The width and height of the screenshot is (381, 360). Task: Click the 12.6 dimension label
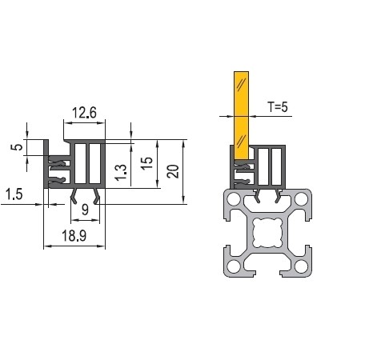[84, 113]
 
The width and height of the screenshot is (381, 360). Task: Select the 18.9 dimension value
[74, 236]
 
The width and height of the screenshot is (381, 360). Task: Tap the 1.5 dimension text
[14, 194]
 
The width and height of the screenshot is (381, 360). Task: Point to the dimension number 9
[85, 210]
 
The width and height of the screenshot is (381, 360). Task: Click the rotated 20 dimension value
[173, 171]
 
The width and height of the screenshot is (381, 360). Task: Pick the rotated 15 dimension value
[146, 163]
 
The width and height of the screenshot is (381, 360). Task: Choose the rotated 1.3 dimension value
[121, 173]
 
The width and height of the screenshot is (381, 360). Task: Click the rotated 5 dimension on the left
[17, 147]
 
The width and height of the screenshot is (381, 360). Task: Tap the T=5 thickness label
[278, 107]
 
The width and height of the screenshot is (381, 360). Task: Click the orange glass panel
[241, 115]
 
